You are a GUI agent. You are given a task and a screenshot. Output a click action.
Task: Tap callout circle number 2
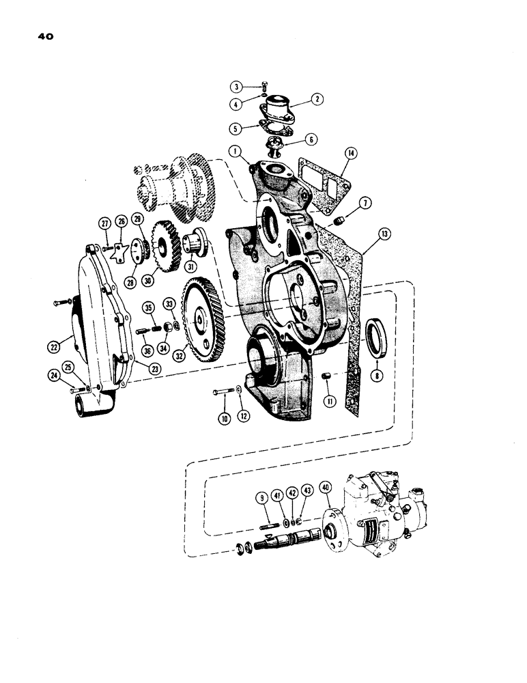pyautogui.click(x=317, y=99)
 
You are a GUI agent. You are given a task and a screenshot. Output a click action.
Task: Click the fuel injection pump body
pyautogui.click(x=382, y=505)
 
